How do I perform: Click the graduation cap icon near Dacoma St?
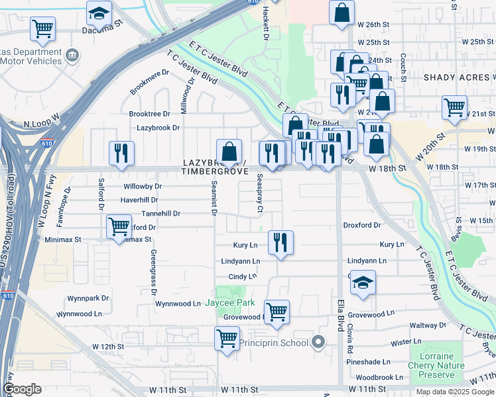coord(99,13)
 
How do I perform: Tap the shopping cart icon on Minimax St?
coord(119,226)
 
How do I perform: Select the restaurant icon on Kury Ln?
coord(281,242)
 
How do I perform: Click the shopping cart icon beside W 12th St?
coord(227,339)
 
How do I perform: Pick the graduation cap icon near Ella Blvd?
coord(363,283)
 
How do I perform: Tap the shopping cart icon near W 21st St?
coord(454,107)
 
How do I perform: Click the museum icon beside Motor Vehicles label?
coord(74,54)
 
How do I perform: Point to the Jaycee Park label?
coord(230,303)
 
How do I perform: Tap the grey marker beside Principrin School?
coord(318,342)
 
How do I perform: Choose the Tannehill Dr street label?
coord(160,214)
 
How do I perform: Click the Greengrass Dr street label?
coord(153,272)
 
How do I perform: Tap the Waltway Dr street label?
coord(428,326)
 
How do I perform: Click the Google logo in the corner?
coord(22,389)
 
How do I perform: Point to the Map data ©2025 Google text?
coord(454,392)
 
